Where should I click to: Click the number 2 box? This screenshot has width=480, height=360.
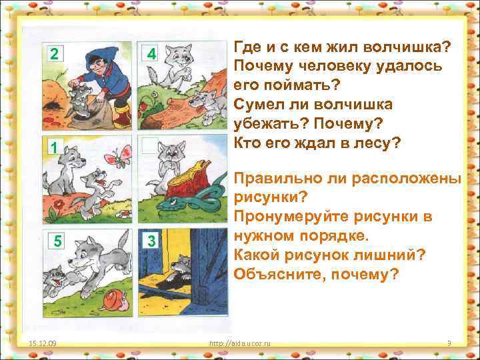53,53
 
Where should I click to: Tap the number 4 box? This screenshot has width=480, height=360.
151,53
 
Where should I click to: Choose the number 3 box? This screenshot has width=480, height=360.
151,241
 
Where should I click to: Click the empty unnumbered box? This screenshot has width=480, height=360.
151,145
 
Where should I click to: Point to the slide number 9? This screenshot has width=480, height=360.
449,343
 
